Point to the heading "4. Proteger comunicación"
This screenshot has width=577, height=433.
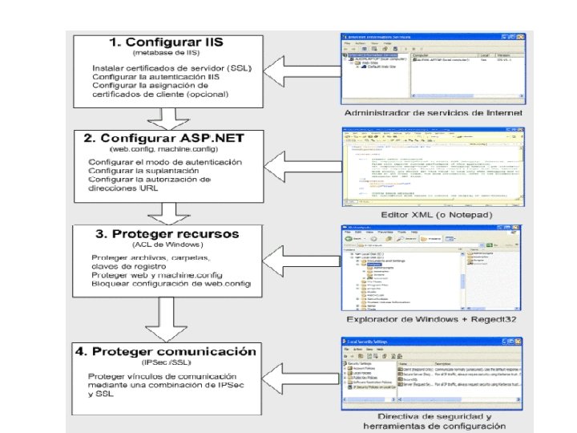(174, 351)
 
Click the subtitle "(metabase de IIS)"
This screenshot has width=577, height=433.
(171, 53)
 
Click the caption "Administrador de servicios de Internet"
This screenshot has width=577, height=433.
(434, 113)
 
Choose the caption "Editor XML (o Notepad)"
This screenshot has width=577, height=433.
(434, 214)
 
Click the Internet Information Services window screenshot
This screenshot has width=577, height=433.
(433, 67)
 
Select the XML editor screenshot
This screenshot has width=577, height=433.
(433, 167)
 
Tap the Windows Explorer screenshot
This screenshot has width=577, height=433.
(433, 269)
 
